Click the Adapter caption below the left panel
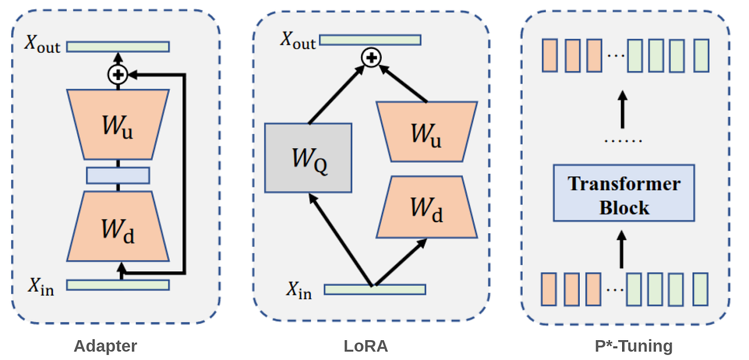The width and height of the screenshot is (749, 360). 105,346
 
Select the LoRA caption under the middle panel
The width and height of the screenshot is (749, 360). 366,346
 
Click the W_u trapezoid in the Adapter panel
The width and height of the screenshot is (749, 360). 118,125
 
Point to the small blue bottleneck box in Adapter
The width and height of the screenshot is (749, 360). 118,175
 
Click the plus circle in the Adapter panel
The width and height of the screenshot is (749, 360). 117,74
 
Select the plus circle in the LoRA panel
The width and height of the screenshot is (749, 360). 371,57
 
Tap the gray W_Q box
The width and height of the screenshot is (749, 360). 308,158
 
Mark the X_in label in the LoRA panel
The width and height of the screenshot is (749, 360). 299,291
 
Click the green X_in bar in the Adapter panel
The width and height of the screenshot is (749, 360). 118,285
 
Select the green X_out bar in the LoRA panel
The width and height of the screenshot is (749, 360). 370,40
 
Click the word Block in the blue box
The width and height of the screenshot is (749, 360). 624,208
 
